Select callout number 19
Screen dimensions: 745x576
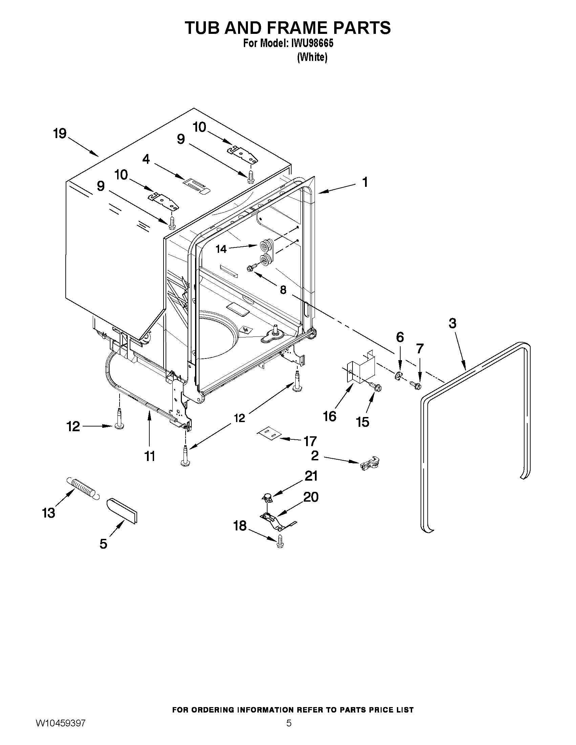(x=60, y=133)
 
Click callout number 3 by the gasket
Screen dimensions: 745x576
(x=452, y=323)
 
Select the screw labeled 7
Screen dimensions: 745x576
(x=416, y=386)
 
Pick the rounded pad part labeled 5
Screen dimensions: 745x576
(x=122, y=510)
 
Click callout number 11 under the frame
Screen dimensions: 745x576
(x=150, y=456)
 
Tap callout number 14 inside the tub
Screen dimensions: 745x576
(x=221, y=249)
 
